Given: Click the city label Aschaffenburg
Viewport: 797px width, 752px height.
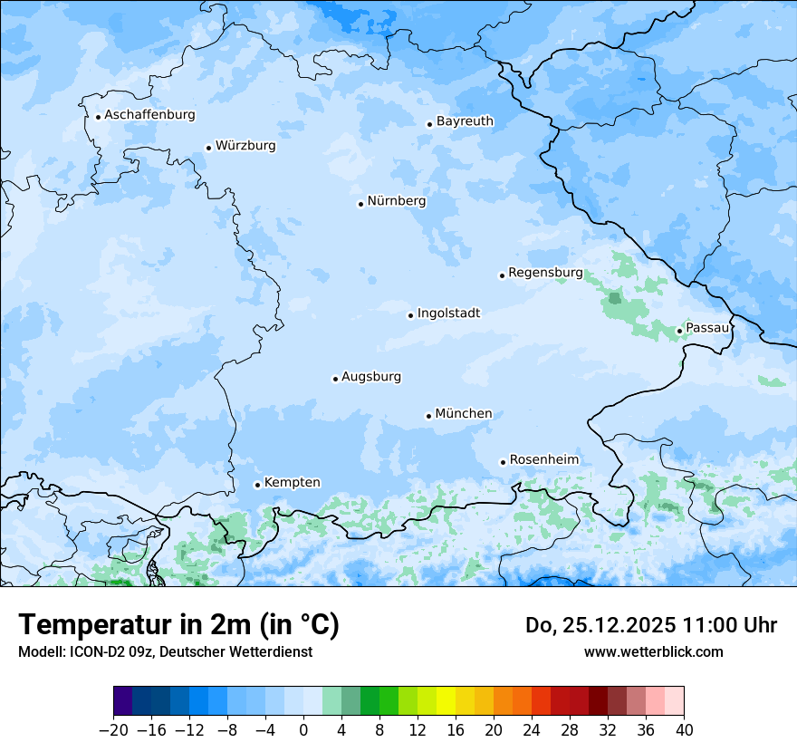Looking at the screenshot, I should (x=149, y=115).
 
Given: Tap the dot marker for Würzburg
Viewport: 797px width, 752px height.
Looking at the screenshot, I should (x=208, y=148).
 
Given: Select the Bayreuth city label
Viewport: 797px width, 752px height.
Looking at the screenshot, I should (x=465, y=121).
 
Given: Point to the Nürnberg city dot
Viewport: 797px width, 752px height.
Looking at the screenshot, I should (x=360, y=204).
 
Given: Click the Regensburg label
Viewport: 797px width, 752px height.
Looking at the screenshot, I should (x=545, y=273).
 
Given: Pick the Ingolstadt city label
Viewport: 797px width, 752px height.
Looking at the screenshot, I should (x=448, y=313).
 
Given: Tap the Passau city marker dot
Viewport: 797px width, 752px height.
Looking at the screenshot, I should (x=679, y=331).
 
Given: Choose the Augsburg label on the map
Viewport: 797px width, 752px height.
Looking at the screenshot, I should (x=371, y=377).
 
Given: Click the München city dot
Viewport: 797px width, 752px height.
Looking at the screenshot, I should (x=428, y=416).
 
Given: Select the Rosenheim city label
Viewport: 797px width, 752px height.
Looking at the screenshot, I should (x=543, y=460).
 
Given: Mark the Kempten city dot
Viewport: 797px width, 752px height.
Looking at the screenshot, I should (x=257, y=485).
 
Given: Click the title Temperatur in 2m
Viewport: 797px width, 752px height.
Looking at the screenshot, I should (x=178, y=625).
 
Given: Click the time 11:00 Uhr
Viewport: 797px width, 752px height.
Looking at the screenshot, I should (x=735, y=625).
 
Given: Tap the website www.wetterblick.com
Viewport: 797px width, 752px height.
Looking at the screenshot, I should (x=653, y=651).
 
